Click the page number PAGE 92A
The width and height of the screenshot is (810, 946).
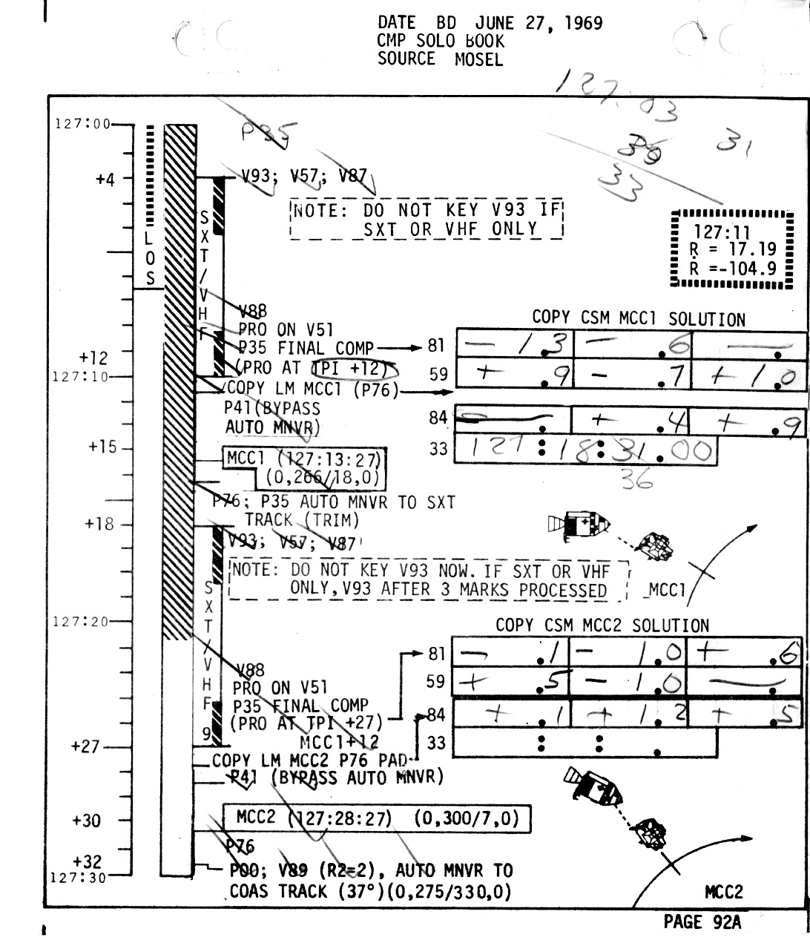point(702,922)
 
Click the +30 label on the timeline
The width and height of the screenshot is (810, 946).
point(87,820)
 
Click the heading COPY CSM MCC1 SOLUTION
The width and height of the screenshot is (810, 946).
point(638,319)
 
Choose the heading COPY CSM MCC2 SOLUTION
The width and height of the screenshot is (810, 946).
point(602,625)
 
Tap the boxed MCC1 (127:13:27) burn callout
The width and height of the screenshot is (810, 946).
point(306,467)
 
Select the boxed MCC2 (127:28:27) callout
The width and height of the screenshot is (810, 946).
point(377,818)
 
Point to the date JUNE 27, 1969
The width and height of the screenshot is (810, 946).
point(539,23)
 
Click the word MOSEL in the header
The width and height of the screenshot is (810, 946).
point(478,59)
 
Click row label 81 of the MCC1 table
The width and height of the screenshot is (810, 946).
point(438,345)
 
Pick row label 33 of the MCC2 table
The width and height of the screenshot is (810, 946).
point(438,742)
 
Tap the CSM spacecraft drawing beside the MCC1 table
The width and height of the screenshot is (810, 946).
point(579,525)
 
